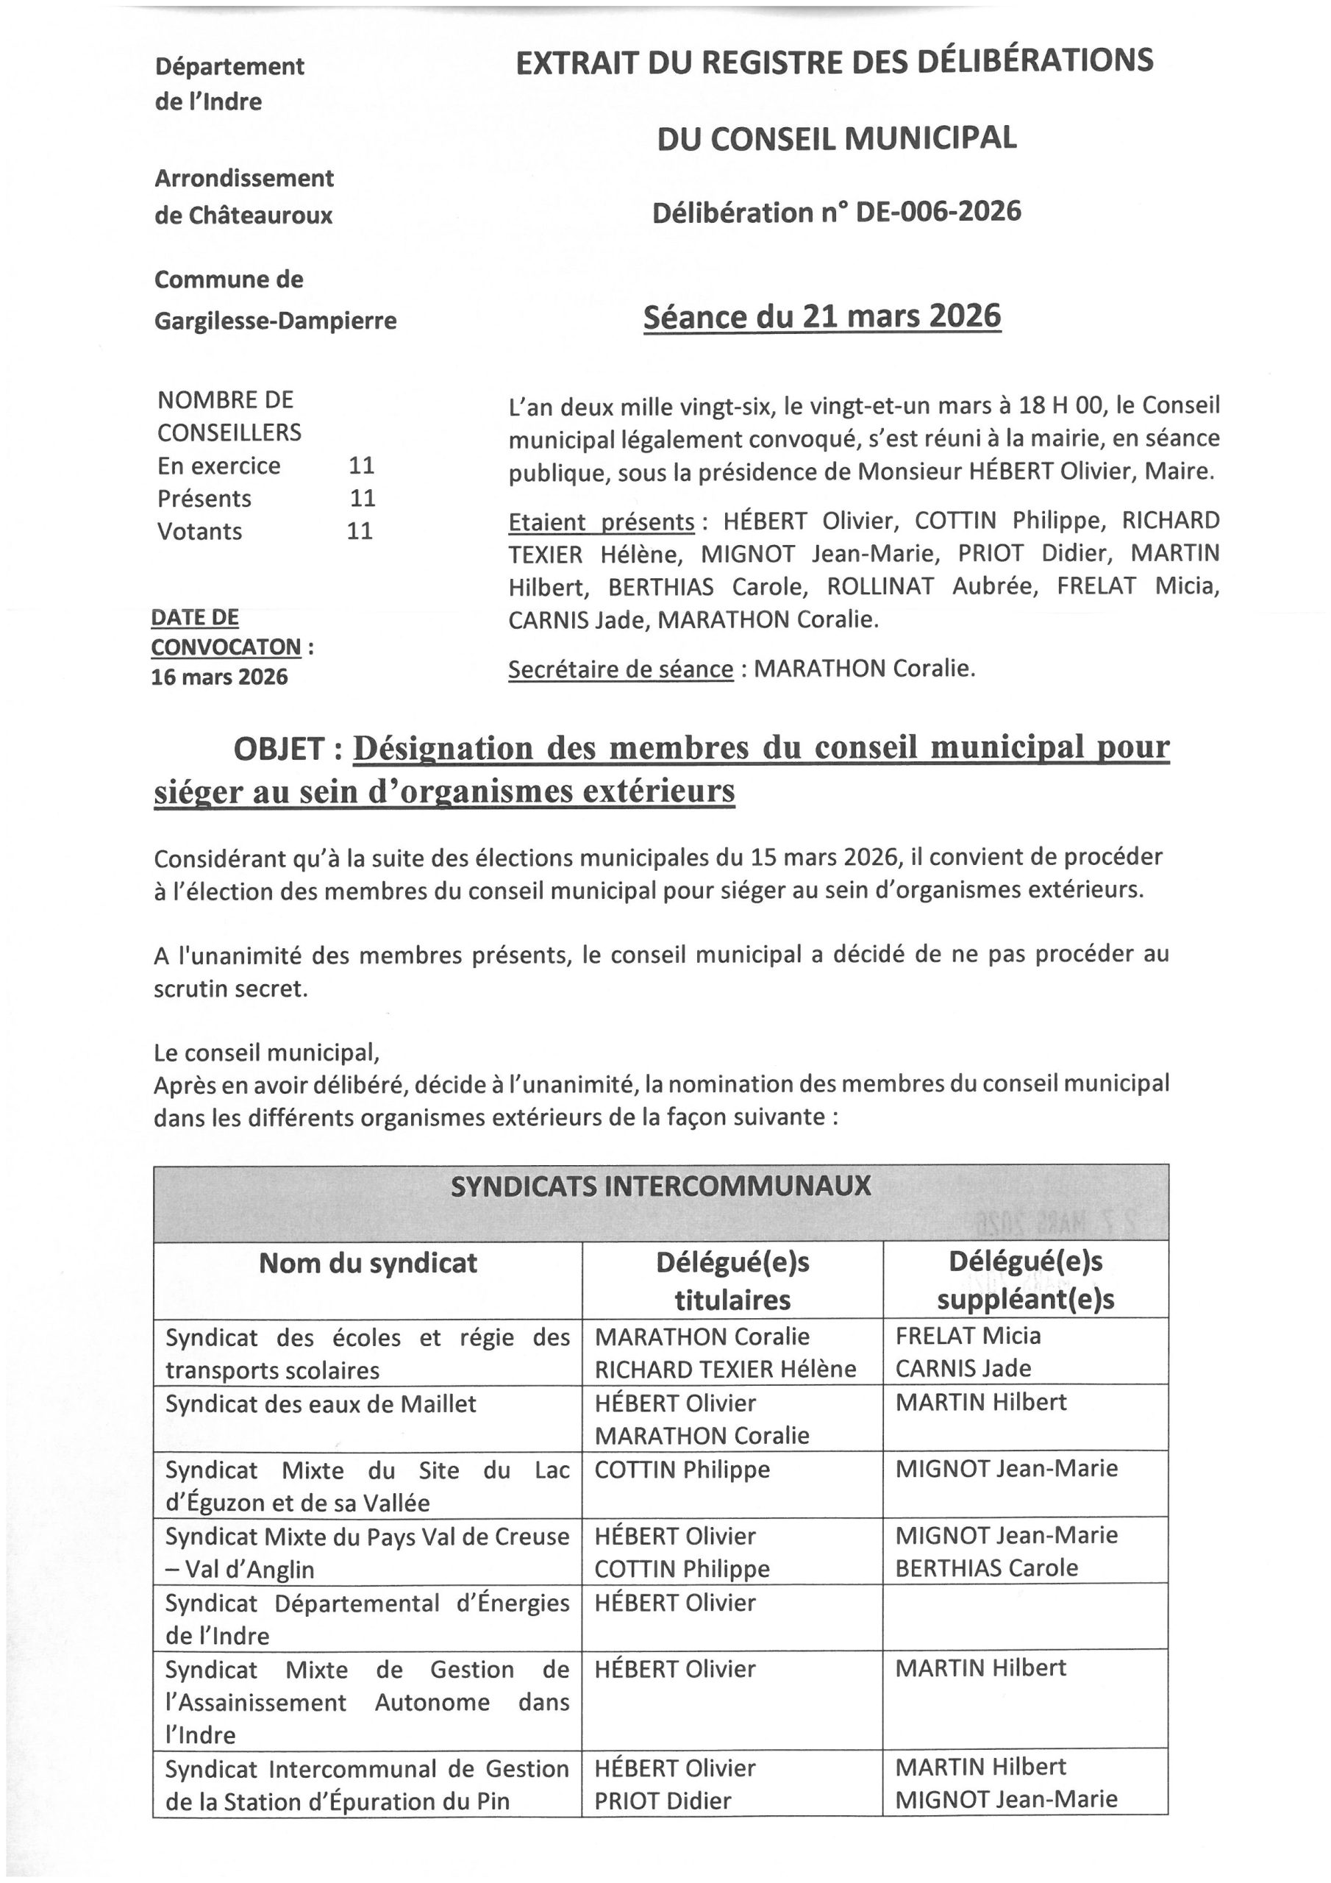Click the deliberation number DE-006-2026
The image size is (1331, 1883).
click(938, 213)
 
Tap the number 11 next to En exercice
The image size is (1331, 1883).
click(362, 466)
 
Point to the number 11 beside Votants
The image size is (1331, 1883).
click(360, 532)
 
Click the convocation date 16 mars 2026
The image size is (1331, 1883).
click(220, 677)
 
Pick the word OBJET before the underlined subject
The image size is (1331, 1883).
click(279, 749)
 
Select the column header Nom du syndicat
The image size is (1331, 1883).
click(368, 1263)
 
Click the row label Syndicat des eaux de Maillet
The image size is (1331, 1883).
click(321, 1404)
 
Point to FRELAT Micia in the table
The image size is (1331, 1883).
click(968, 1336)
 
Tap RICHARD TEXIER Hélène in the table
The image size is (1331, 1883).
click(725, 1369)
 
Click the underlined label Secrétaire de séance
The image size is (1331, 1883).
click(620, 670)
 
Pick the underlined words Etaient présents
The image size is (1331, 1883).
click(601, 522)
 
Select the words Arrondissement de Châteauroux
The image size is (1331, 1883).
click(243, 197)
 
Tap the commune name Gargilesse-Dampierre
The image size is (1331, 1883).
click(276, 321)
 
